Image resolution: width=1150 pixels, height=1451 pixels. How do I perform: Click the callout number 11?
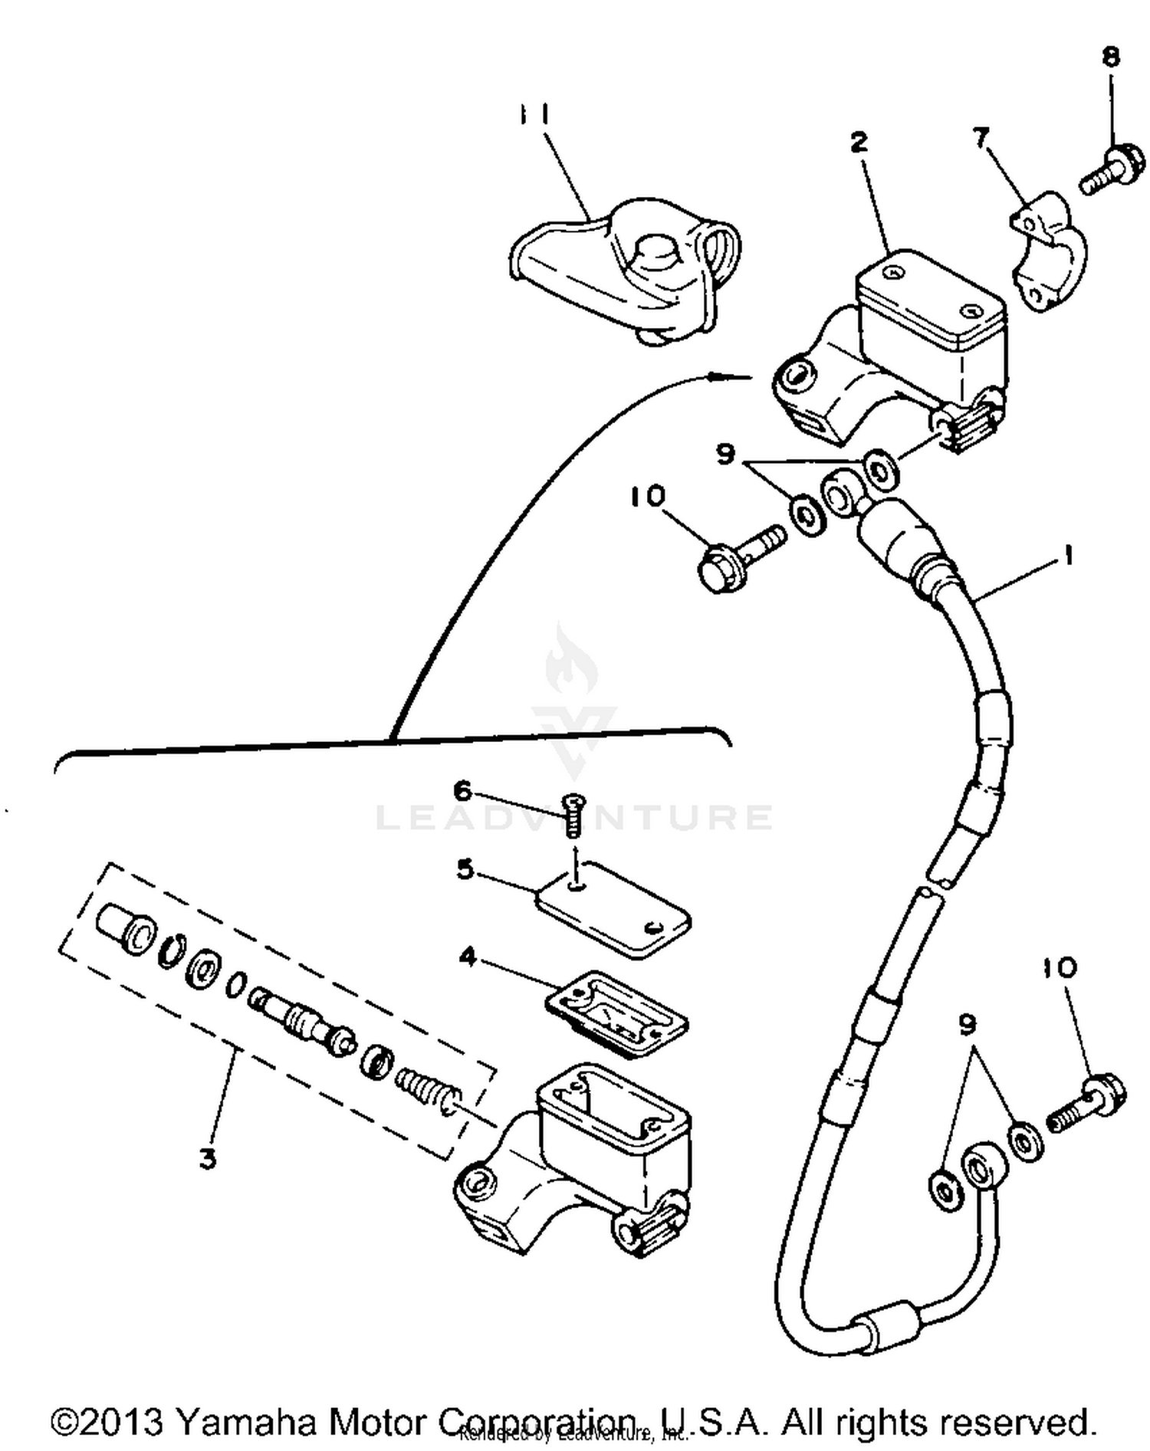pyautogui.click(x=531, y=115)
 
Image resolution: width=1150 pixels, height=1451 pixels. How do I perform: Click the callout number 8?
pyautogui.click(x=1111, y=57)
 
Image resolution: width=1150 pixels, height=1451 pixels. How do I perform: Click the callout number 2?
pyautogui.click(x=859, y=142)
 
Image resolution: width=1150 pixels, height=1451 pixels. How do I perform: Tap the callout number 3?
pyautogui.click(x=208, y=1157)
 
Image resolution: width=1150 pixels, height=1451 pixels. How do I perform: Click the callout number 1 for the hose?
pyautogui.click(x=1066, y=556)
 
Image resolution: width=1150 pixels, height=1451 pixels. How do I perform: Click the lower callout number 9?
pyautogui.click(x=968, y=1023)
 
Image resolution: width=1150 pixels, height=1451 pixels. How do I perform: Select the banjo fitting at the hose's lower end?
pyautogui.click(x=981, y=1170)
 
